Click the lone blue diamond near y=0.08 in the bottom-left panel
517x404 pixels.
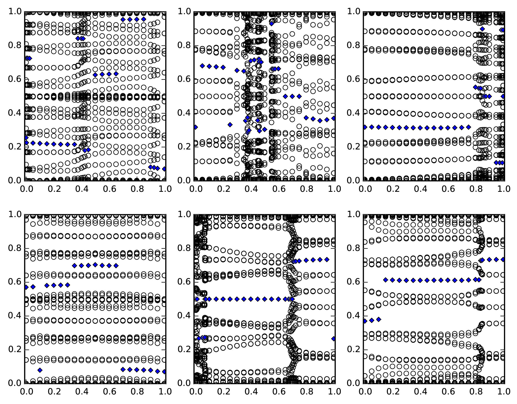[40, 370]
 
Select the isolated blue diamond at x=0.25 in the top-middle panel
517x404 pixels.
[230, 124]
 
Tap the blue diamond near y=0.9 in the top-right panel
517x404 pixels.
[482, 29]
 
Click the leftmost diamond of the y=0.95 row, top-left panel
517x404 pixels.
[123, 19]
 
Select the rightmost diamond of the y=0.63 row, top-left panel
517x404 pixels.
[116, 74]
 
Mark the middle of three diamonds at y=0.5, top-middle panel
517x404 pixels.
[292, 96]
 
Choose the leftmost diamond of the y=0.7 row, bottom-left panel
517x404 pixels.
[75, 266]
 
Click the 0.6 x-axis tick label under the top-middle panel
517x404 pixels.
[278, 189]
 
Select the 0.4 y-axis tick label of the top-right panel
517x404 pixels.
[354, 113]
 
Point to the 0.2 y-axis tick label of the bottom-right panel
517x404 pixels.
[354, 350]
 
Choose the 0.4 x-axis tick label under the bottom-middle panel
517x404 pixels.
[251, 392]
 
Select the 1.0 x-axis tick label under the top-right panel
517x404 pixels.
[504, 189]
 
